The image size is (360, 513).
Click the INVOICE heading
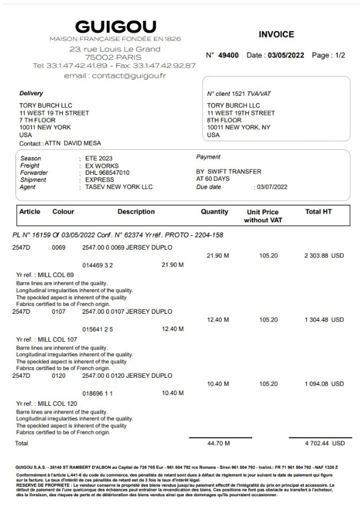tap(276, 35)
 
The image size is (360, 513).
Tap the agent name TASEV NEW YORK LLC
tap(119, 187)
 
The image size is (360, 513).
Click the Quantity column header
tap(214, 212)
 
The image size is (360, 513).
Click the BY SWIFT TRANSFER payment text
tap(229, 172)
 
